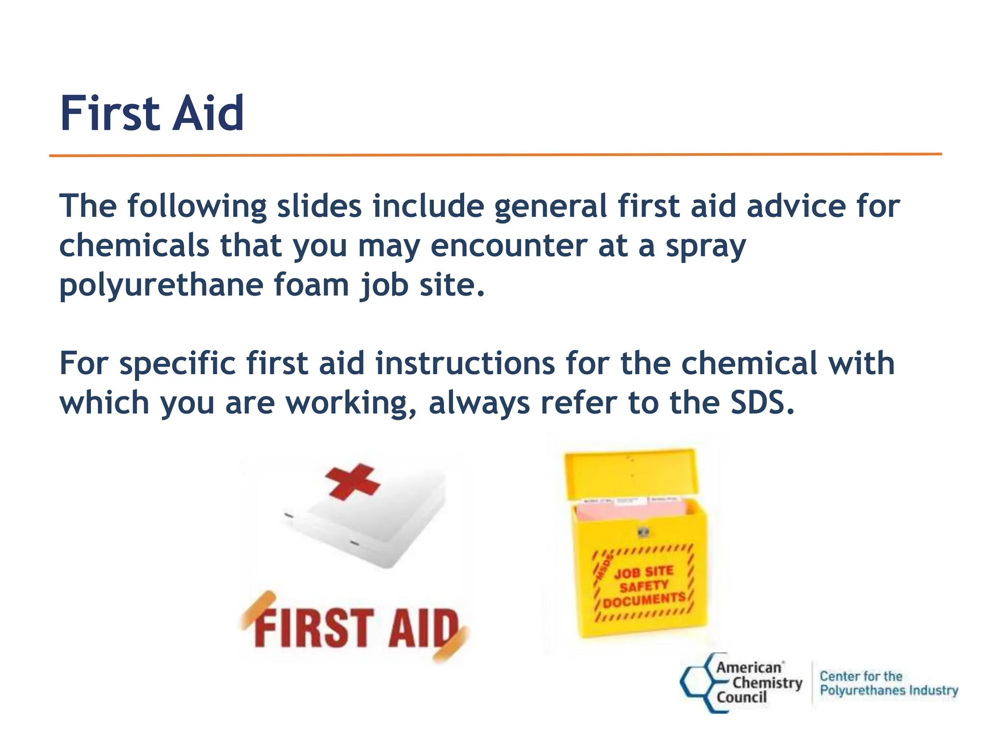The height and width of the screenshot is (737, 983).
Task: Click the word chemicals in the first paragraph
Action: point(134,246)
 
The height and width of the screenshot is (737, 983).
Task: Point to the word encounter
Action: point(509,246)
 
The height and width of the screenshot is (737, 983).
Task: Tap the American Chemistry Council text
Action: point(758,682)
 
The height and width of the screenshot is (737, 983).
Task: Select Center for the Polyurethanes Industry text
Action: point(888,683)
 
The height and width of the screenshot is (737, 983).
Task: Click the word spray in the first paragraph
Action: point(706,246)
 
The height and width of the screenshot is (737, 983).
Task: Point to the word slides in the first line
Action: point(319,206)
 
